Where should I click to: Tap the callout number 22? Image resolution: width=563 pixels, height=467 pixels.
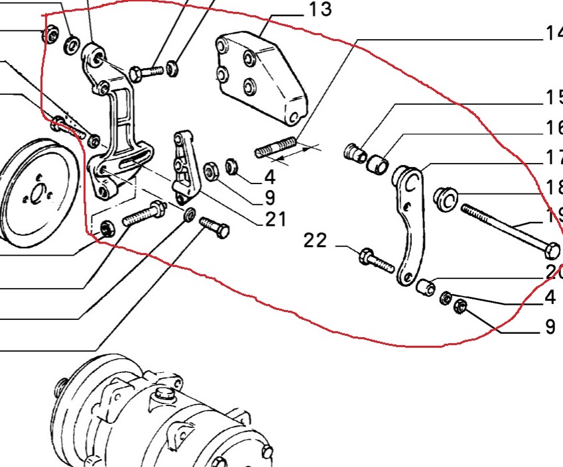(x=316, y=240)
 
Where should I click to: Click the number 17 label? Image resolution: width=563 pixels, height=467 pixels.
(x=553, y=158)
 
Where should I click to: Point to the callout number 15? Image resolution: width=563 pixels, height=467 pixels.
(x=553, y=98)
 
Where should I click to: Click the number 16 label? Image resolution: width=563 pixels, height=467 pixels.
(x=553, y=128)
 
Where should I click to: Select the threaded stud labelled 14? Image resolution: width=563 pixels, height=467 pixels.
(x=275, y=148)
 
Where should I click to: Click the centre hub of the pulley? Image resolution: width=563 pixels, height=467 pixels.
(x=36, y=194)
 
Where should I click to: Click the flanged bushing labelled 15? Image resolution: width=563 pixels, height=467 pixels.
(x=355, y=152)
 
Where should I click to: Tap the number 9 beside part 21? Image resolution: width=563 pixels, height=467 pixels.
(x=269, y=197)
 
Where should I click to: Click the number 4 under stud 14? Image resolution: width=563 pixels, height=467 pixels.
(x=269, y=178)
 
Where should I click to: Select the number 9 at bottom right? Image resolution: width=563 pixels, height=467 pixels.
(x=550, y=326)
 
